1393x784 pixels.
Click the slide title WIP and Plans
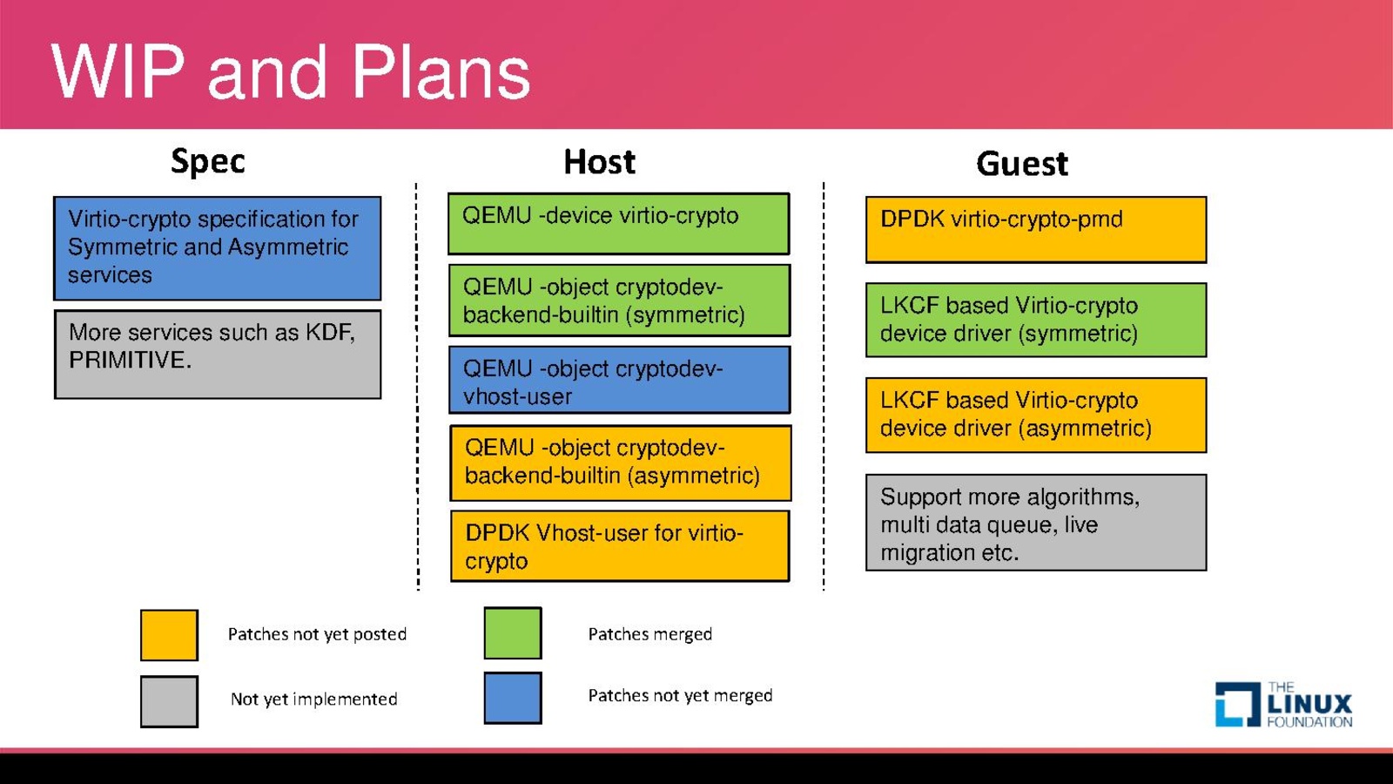(x=291, y=71)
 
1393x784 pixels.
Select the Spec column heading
(x=208, y=161)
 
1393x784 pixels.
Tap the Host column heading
(x=599, y=162)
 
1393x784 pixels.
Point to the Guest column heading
(x=1021, y=164)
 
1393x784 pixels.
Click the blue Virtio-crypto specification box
(x=218, y=248)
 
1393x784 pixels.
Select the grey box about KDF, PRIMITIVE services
(x=218, y=354)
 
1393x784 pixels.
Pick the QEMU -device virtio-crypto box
(x=618, y=224)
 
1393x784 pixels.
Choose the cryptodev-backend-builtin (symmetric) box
(x=619, y=301)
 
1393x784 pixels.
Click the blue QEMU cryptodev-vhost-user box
(x=619, y=380)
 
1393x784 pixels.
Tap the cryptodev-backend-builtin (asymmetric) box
(x=620, y=463)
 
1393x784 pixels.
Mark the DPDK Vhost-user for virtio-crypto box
(x=620, y=546)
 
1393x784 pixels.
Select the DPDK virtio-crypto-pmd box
(x=1036, y=229)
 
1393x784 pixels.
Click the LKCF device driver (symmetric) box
(x=1036, y=320)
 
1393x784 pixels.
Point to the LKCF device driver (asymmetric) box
(x=1036, y=415)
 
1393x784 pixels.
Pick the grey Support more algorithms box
(x=1036, y=523)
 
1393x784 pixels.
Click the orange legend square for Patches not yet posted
(x=169, y=635)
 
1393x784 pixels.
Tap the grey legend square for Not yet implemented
(x=169, y=701)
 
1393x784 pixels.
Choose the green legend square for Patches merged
(x=513, y=633)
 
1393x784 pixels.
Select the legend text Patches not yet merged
(x=680, y=695)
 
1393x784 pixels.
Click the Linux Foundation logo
(x=1283, y=705)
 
